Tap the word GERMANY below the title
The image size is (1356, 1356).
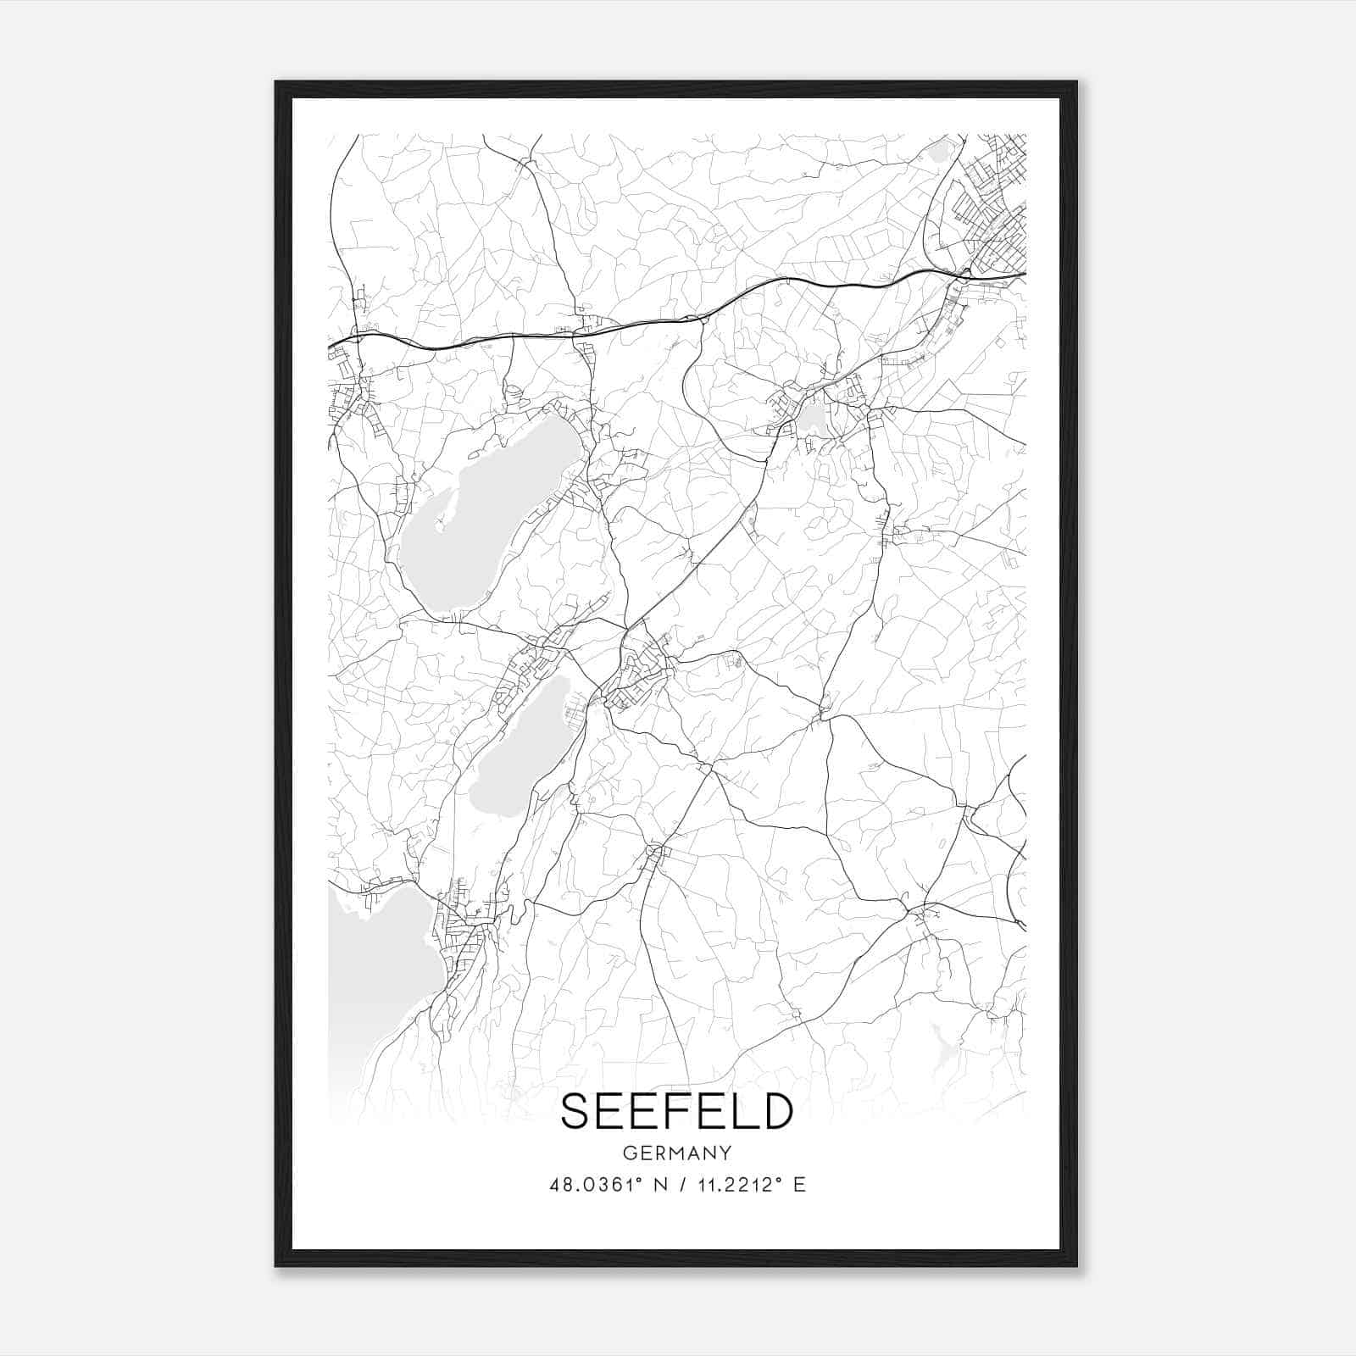(676, 1153)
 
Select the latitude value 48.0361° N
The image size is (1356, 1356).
(605, 1185)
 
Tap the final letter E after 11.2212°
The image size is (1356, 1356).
(798, 1185)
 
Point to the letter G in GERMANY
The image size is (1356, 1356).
(628, 1153)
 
